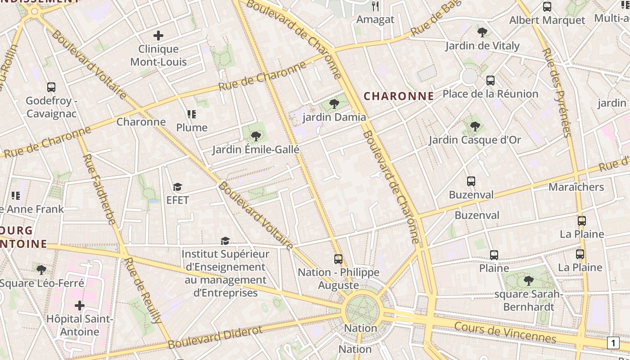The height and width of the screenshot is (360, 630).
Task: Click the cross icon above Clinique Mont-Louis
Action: tap(158, 35)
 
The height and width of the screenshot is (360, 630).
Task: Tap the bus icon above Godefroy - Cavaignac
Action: tap(51, 87)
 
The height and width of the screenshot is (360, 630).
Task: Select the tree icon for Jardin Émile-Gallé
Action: tap(256, 136)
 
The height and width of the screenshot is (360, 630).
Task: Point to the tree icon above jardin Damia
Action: tap(334, 104)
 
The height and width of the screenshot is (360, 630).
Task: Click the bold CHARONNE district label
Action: tap(399, 96)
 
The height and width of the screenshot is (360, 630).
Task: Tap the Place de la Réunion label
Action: tap(490, 94)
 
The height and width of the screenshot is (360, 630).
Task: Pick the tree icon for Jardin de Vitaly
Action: tap(482, 32)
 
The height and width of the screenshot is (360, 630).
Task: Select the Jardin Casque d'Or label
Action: tap(475, 140)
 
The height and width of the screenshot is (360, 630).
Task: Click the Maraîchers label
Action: tap(576, 187)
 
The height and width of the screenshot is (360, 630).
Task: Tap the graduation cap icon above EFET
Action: tap(178, 187)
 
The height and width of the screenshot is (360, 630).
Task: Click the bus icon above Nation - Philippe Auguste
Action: tap(338, 259)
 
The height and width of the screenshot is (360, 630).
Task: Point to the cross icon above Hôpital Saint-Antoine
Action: tap(80, 306)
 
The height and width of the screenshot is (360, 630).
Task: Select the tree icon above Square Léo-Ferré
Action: tap(41, 270)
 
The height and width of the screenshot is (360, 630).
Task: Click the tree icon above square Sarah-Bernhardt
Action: tap(529, 281)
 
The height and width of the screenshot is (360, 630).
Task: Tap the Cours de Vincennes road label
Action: tap(505, 332)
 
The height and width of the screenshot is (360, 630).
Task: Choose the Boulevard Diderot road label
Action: tap(215, 337)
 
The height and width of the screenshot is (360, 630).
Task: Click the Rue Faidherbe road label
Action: tap(100, 189)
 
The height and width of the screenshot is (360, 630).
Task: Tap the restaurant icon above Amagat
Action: tap(376, 6)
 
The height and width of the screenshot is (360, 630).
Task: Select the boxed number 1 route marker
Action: tap(613, 343)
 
